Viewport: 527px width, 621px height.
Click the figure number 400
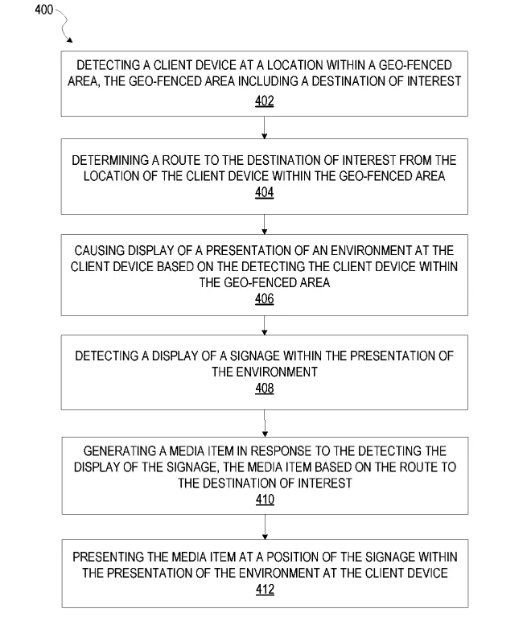point(43,10)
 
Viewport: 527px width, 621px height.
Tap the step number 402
point(264,101)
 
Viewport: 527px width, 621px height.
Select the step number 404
point(264,192)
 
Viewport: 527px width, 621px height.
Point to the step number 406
point(264,298)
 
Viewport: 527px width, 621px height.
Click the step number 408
point(264,388)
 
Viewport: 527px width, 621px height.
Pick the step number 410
point(265,500)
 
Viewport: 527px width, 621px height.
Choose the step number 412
point(265,590)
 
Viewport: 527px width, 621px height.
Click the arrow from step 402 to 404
point(264,128)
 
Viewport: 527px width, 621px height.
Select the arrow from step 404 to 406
point(264,224)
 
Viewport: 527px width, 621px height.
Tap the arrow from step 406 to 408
point(264,326)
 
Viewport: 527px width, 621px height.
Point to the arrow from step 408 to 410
point(265,423)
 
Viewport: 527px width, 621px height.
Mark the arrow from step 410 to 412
point(265,527)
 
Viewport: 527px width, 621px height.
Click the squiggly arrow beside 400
point(64,25)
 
